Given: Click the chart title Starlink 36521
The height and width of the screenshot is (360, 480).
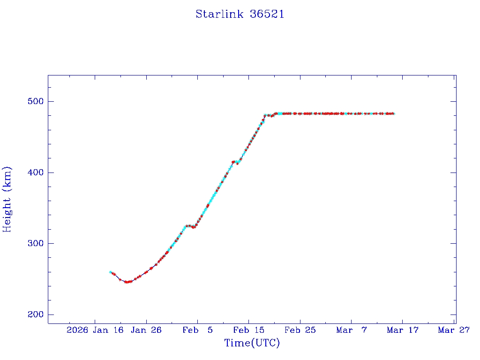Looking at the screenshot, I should coord(240,15).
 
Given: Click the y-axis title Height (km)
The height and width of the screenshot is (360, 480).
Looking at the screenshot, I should coord(7,199).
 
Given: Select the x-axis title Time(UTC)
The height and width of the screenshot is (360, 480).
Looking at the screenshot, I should coord(252,343).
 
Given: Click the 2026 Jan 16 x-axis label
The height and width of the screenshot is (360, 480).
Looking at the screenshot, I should coord(95,330).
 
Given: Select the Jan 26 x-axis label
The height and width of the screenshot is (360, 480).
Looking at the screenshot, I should coord(146,330).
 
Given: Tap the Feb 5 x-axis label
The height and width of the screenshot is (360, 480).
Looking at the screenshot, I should coord(197,330).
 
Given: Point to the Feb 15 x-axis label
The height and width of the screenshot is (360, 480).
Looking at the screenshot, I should coord(248,330).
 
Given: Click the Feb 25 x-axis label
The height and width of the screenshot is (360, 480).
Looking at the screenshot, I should coord(300,330).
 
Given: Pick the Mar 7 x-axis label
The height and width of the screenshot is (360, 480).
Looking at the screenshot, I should coord(351,330).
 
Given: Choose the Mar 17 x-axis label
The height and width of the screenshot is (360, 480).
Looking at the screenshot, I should coord(402,330).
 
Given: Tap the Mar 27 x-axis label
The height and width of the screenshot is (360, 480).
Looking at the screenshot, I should coord(454,330).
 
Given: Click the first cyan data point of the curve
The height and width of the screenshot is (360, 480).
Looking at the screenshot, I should coord(110,272).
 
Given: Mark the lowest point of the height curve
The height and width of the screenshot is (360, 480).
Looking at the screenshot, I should coord(127,282).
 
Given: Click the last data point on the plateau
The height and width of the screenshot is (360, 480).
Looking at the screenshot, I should coord(394,113).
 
